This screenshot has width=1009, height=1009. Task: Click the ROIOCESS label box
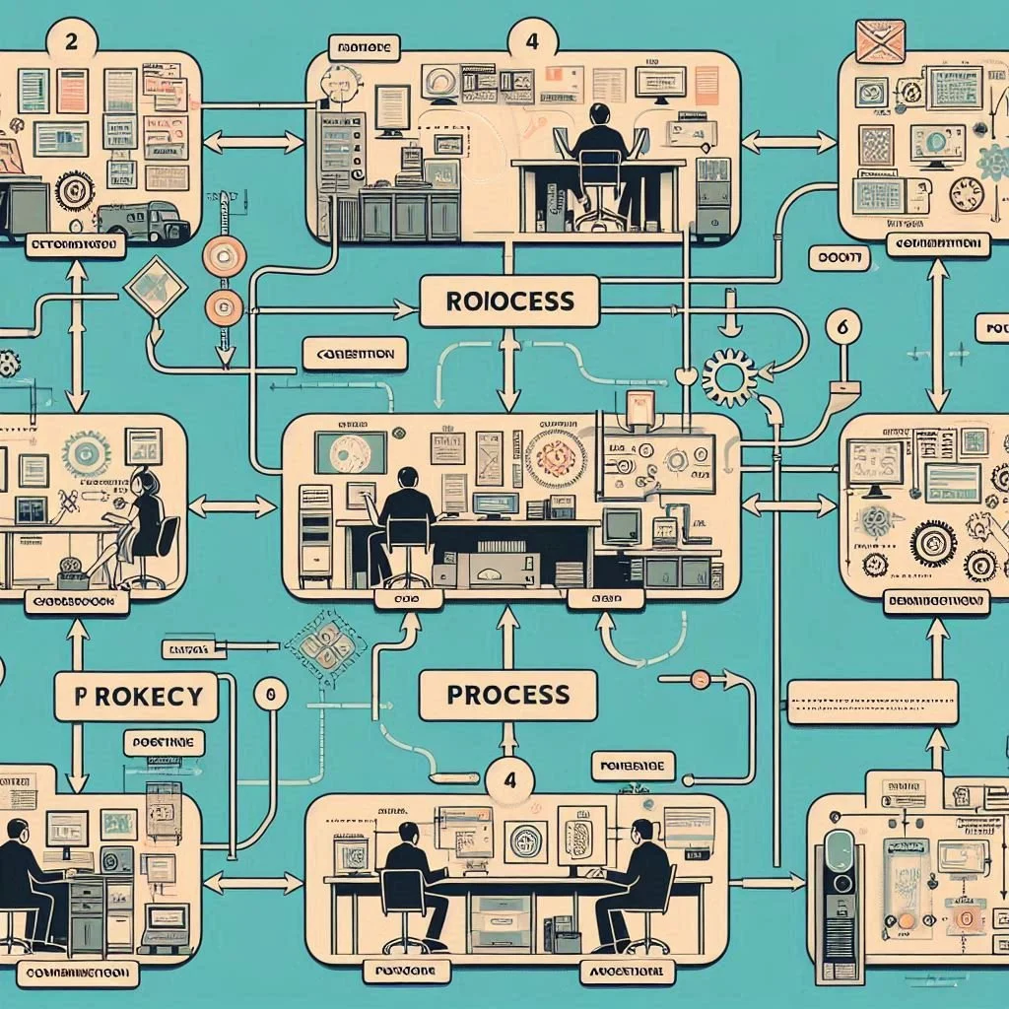click(508, 301)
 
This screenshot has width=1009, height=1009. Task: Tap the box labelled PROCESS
click(508, 695)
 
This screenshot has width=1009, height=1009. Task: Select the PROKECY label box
click(135, 696)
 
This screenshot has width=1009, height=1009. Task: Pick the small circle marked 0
click(270, 694)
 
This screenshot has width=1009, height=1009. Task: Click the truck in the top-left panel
click(144, 222)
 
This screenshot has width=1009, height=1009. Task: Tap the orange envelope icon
click(880, 40)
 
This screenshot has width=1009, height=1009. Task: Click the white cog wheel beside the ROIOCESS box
click(730, 376)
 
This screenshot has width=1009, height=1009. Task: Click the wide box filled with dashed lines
click(872, 702)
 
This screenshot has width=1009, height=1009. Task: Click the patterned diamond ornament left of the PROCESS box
click(325, 647)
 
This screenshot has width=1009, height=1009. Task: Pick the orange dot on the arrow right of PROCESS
click(700, 679)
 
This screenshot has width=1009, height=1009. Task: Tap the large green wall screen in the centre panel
click(350, 453)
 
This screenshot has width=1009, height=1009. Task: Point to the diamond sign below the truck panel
click(155, 286)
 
